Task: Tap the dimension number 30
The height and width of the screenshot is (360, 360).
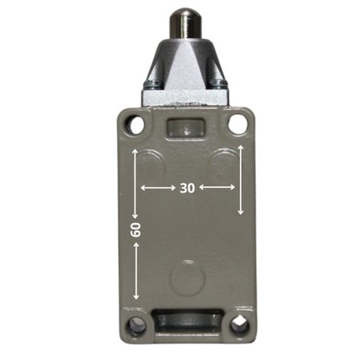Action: click(x=187, y=188)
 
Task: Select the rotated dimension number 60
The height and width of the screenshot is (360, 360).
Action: click(x=136, y=230)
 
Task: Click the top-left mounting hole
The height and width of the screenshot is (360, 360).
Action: click(x=136, y=124)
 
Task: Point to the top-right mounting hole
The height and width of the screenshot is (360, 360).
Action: click(x=238, y=123)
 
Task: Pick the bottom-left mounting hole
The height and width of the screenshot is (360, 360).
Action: click(x=136, y=326)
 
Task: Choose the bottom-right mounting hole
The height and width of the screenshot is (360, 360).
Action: click(x=239, y=326)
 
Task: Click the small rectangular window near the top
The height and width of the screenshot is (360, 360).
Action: click(x=186, y=128)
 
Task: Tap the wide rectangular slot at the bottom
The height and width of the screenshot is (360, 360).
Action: click(x=187, y=320)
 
